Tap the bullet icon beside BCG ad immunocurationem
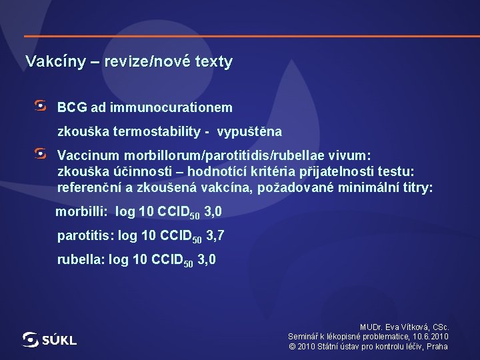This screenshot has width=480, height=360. pyautogui.click(x=41, y=106)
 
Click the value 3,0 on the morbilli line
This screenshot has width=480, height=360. pyautogui.click(x=213, y=213)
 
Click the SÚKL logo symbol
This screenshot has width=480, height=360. pyautogui.click(x=31, y=340)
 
